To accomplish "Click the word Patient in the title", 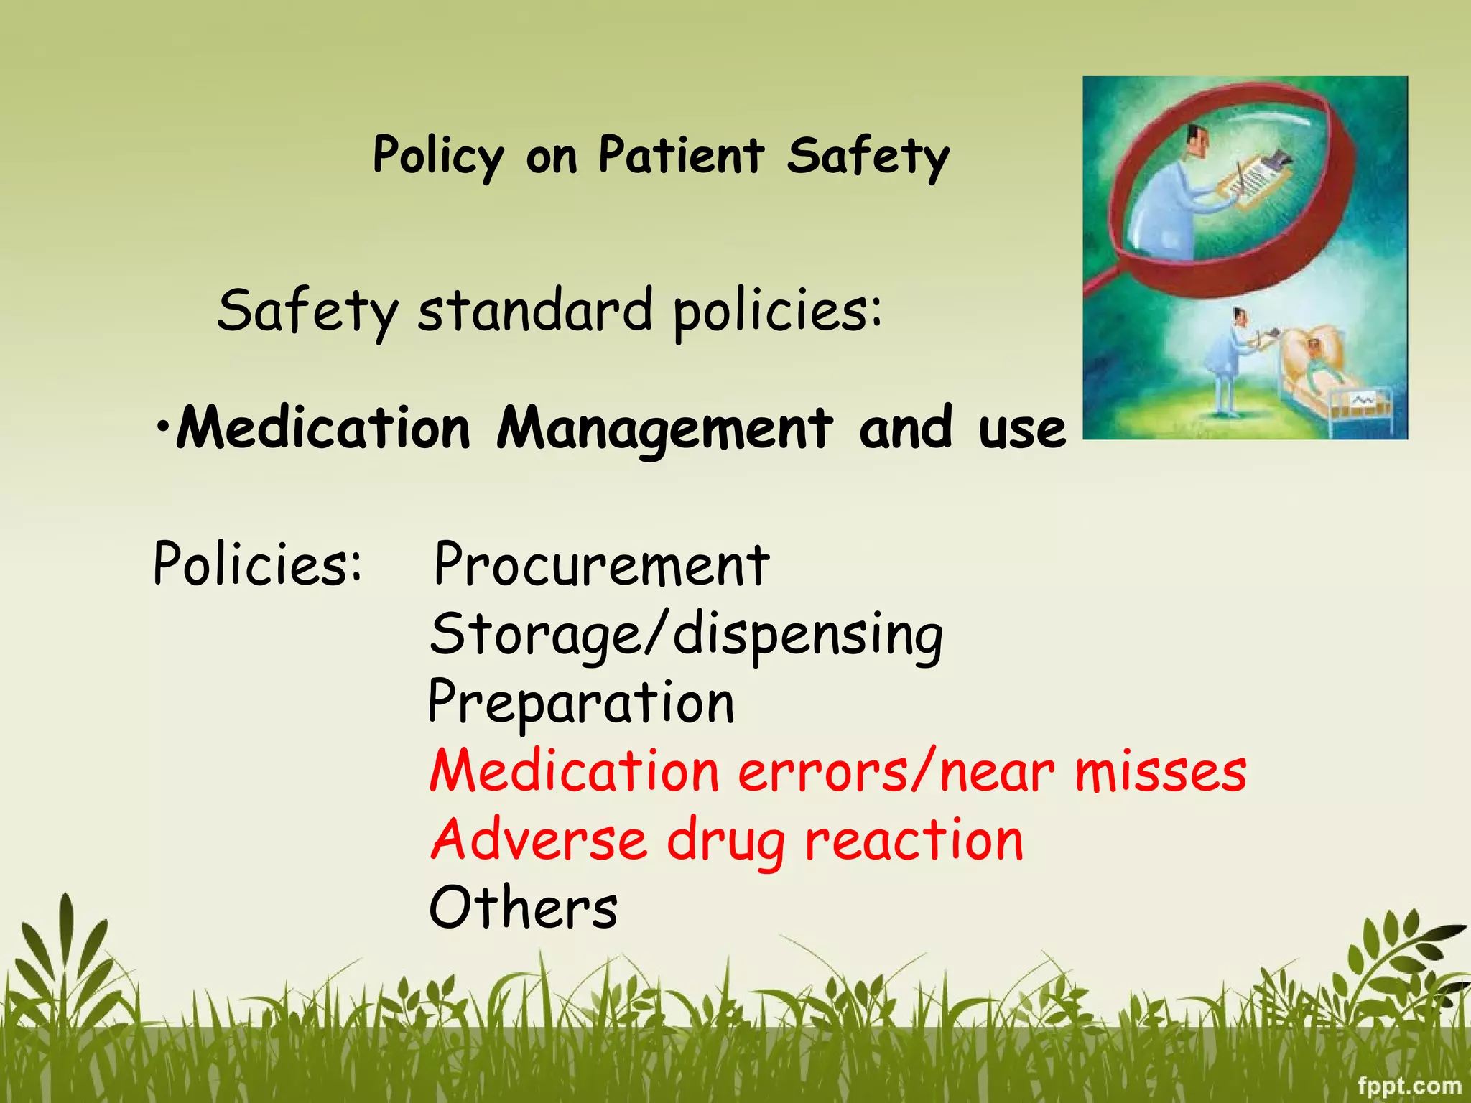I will click(x=681, y=155).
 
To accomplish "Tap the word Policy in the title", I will click(x=438, y=157).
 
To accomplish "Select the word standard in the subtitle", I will click(x=535, y=310).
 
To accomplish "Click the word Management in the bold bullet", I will click(x=665, y=429).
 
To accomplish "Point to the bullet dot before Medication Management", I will click(x=164, y=425).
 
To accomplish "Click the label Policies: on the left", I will click(x=257, y=564).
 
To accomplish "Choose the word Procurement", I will click(x=602, y=566).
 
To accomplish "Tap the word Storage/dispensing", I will click(x=686, y=636).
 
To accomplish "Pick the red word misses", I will click(x=1161, y=772).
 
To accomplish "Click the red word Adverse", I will click(x=539, y=840).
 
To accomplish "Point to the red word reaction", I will click(x=914, y=840).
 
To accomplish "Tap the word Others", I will click(x=523, y=908).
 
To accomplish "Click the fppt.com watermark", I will click(x=1409, y=1085).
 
